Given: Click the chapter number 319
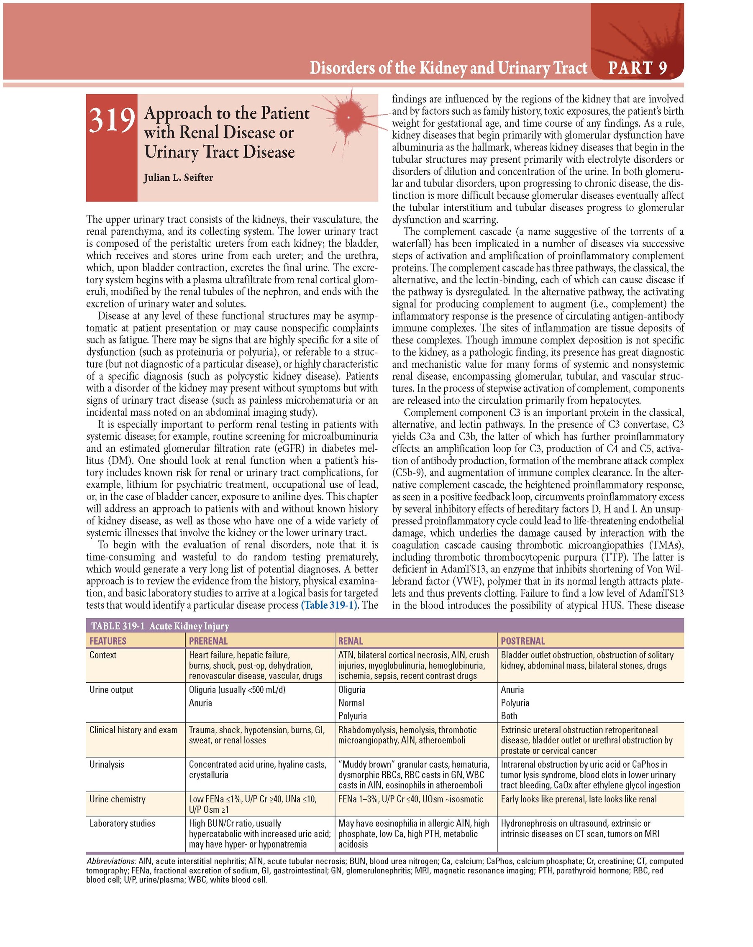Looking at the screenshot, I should point(112,120).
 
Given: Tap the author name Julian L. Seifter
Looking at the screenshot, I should point(178,178).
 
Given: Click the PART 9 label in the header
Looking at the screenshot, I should point(638,68).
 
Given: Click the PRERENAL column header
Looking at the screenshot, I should point(208,641).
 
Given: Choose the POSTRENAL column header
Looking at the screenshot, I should point(523,641).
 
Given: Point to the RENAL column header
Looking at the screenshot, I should point(351,641).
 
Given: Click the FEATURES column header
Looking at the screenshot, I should point(108,641).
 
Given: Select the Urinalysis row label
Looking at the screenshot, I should point(107,764).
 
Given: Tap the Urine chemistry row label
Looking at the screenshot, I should point(117,799).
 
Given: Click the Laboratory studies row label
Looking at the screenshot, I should point(122,823).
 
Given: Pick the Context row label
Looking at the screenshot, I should point(103,655).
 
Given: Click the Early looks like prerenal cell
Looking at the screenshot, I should point(579,799).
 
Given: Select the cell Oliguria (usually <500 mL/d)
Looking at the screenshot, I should point(237,690).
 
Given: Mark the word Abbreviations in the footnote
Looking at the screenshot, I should point(111,861).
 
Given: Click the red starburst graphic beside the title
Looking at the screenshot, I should point(348,117).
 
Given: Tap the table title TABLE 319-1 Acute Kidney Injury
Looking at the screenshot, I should point(160,626).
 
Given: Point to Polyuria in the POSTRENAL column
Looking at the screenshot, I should point(515,703).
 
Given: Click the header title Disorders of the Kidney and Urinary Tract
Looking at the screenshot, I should point(448,68).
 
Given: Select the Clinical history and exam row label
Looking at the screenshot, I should point(133,730).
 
